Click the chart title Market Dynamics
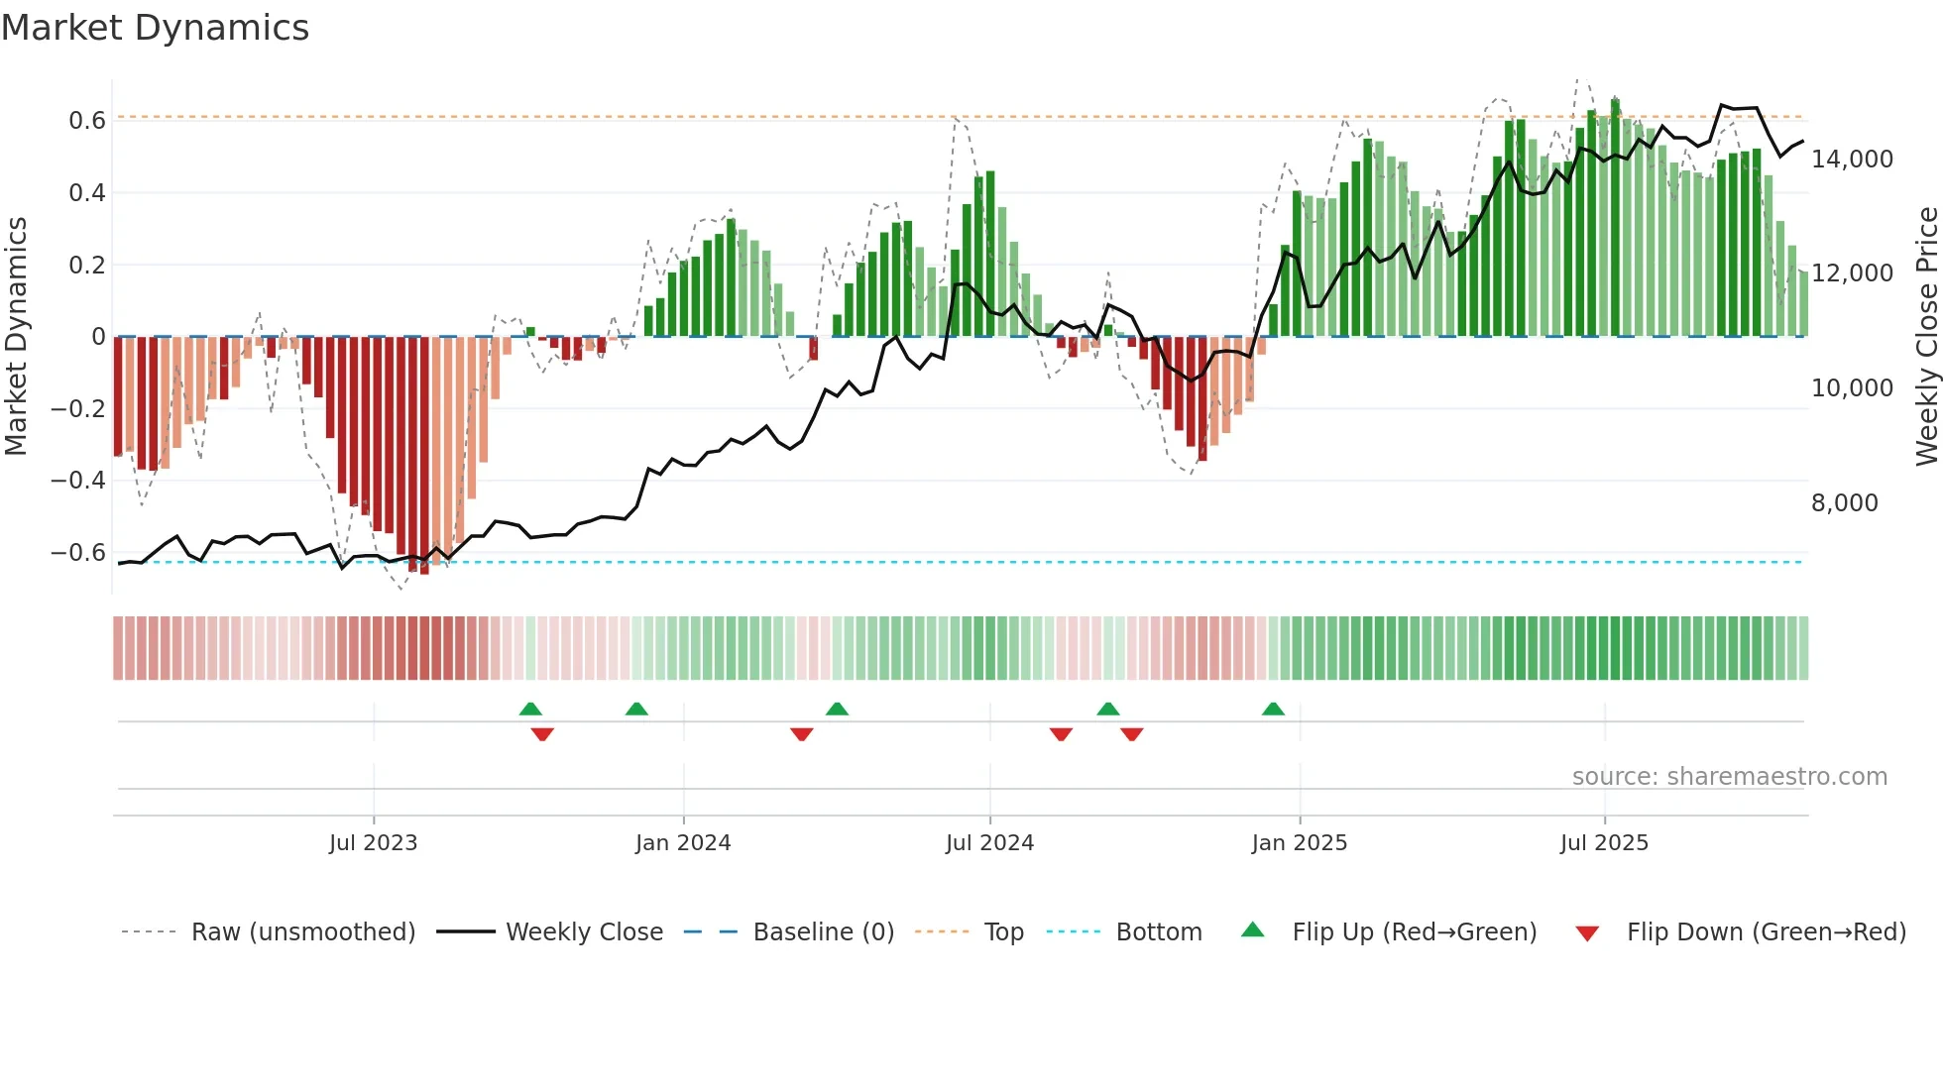[155, 28]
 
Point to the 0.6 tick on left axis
[86, 121]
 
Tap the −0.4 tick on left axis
[78, 481]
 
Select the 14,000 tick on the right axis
[1852, 160]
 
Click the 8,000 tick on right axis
[1844, 503]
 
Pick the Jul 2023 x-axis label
[373, 843]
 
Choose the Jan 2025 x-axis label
[1299, 843]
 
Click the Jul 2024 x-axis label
[989, 843]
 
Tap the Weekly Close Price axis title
[1926, 336]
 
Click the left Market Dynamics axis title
[16, 336]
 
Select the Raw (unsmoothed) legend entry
[302, 932]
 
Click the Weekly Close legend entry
[584, 932]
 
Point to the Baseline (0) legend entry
[823, 932]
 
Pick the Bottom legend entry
[1158, 932]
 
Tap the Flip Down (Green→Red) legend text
[1766, 932]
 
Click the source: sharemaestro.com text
[1729, 777]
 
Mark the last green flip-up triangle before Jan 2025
[1273, 710]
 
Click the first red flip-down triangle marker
[542, 734]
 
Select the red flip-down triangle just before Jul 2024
[802, 734]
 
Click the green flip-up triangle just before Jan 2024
[636, 710]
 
